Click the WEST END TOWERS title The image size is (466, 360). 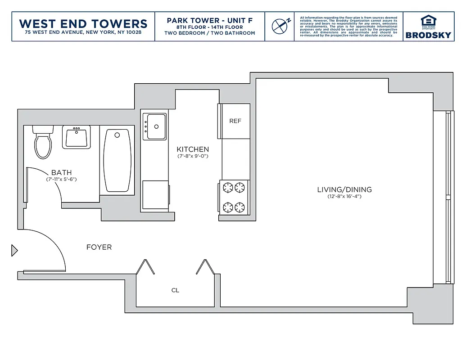[83, 23]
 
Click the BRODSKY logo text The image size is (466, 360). [428, 35]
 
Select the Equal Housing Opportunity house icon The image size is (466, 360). [428, 21]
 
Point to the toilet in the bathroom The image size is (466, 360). [43, 143]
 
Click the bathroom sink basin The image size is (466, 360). [77, 137]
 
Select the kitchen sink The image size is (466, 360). [155, 126]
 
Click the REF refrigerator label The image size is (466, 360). [235, 121]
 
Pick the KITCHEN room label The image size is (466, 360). [193, 149]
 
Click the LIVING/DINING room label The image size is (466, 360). [344, 189]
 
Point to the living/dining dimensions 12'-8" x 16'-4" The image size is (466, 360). [344, 197]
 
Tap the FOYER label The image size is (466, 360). [99, 247]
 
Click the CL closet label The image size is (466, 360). [175, 290]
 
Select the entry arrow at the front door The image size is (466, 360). [14, 250]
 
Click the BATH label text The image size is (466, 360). [61, 172]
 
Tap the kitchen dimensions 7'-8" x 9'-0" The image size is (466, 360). [193, 157]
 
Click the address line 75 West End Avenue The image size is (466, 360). [83, 33]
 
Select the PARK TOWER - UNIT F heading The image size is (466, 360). [209, 21]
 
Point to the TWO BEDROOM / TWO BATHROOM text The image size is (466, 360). [209, 33]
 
